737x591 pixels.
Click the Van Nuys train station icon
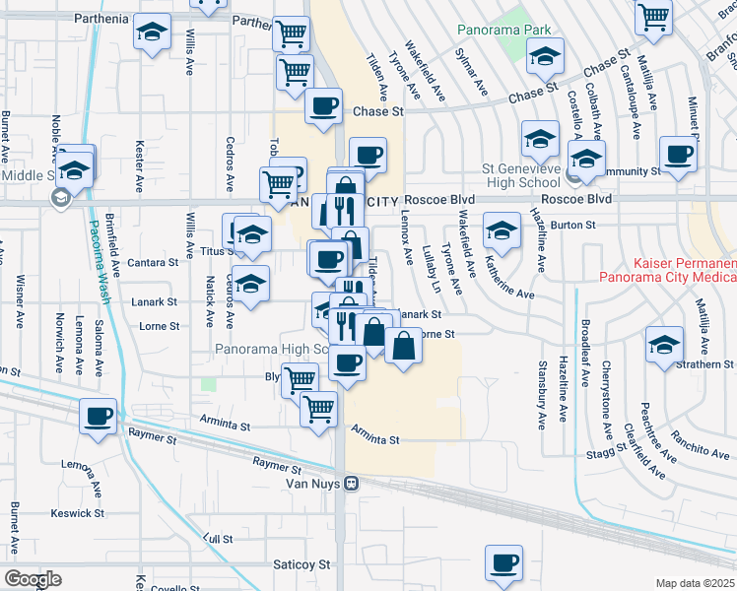click(x=350, y=484)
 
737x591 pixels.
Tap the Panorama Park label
click(x=503, y=30)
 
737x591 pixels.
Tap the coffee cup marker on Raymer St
click(x=98, y=416)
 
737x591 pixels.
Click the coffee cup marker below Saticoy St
click(x=503, y=562)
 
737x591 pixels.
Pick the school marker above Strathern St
click(x=665, y=344)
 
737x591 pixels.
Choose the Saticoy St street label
click(x=301, y=564)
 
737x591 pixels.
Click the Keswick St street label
click(x=78, y=513)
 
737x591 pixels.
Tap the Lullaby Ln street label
click(x=431, y=269)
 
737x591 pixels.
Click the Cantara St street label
click(x=153, y=263)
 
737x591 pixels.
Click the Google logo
click(x=33, y=578)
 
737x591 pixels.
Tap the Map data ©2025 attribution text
click(x=696, y=583)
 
